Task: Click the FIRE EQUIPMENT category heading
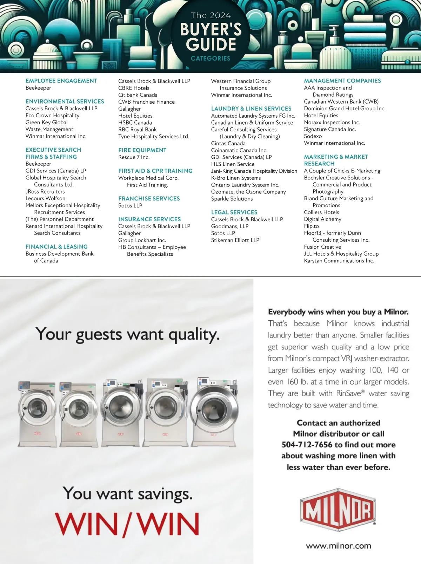click(142, 150)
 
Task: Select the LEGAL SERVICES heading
click(234, 212)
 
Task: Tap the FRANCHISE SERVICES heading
click(149, 198)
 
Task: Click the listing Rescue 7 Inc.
click(134, 157)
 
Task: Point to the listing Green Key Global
click(46, 123)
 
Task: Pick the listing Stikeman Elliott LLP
click(235, 240)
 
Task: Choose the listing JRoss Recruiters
click(45, 192)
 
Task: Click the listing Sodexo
click(313, 136)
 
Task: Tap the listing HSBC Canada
click(135, 123)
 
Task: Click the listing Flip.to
click(311, 226)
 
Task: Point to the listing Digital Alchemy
click(322, 219)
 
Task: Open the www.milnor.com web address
click(338, 546)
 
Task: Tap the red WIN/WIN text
click(127, 524)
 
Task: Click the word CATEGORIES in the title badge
click(210, 59)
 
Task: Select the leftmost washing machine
click(37, 414)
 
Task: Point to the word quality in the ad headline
click(194, 335)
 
